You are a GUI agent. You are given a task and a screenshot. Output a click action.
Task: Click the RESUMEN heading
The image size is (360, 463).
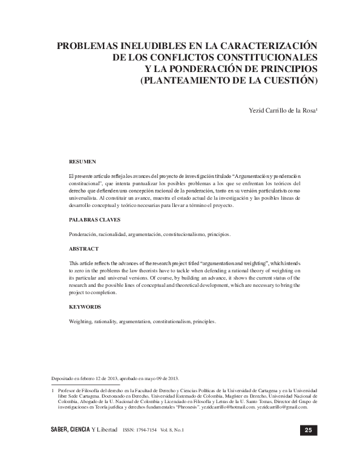[x=82, y=162]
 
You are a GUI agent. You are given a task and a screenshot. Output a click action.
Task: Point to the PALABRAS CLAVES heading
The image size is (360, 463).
[x=95, y=220]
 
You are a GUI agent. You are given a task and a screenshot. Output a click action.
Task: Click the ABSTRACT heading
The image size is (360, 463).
[x=84, y=249]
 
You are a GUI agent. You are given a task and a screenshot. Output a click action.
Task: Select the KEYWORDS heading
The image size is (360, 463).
[x=85, y=307]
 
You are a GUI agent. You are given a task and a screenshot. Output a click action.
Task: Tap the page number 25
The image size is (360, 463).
[x=307, y=430]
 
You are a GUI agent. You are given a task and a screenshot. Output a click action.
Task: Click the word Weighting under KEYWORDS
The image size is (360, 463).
[x=82, y=321]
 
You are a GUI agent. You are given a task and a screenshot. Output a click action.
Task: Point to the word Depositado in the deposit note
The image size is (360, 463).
[x=65, y=376]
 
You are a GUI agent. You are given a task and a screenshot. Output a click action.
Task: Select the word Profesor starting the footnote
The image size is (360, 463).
[x=68, y=392]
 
